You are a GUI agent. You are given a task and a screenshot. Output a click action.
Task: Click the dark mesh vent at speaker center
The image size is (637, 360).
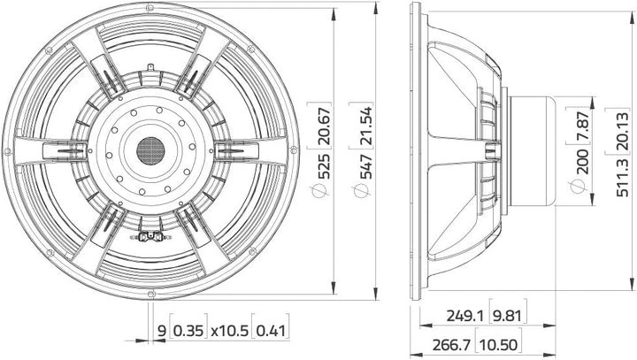click(x=151, y=148)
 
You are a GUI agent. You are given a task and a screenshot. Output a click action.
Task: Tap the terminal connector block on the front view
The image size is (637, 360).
click(x=150, y=236)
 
